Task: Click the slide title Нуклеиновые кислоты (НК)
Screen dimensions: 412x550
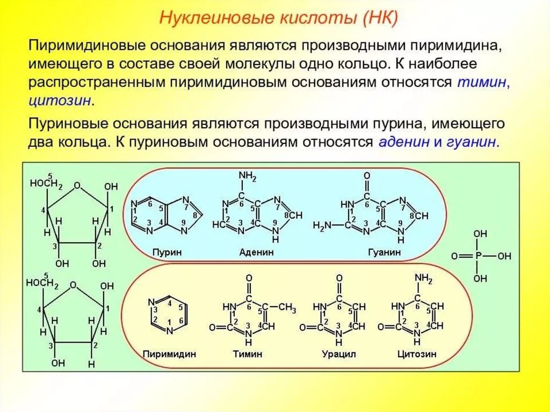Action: [x=278, y=20]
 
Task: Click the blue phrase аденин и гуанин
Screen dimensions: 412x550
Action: [x=439, y=142]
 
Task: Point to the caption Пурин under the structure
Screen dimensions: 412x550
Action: [x=167, y=252]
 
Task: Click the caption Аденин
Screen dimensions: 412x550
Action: [x=256, y=252]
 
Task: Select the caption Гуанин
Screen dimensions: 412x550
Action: [x=384, y=252]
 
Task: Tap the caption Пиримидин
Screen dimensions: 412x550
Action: [x=169, y=354]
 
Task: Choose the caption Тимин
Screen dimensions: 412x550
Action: [x=248, y=354]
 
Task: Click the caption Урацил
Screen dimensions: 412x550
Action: [x=339, y=354]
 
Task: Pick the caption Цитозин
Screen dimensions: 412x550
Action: [x=417, y=354]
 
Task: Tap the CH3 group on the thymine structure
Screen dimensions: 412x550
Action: [x=287, y=308]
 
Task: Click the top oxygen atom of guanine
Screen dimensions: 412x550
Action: [x=367, y=176]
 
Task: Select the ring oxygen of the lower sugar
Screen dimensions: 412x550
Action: [x=73, y=286]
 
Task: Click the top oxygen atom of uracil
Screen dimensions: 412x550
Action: [x=339, y=278]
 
